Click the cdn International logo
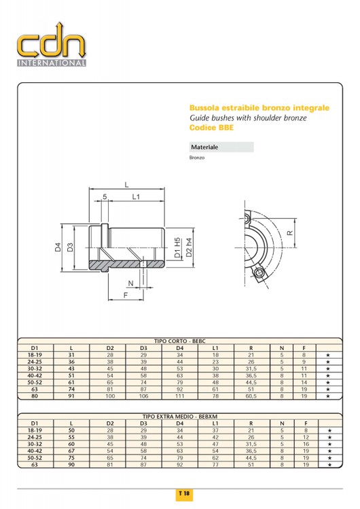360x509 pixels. tap(52, 44)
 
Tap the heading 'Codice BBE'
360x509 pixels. tap(211, 128)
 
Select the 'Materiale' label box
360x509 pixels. tap(221, 147)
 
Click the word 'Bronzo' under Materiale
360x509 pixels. tap(197, 158)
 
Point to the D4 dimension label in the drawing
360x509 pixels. tap(58, 247)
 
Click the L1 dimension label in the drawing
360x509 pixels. tap(136, 196)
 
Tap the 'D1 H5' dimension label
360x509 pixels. tap(177, 247)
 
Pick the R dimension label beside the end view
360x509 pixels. tap(290, 232)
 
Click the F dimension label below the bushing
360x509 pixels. tap(126, 295)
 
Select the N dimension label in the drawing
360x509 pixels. tap(130, 283)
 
